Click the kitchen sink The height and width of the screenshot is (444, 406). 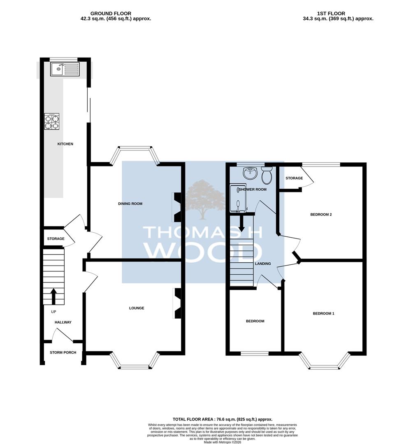(x=65, y=69)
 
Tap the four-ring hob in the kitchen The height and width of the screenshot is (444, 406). (x=52, y=121)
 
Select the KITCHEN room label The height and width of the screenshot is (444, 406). (x=65, y=144)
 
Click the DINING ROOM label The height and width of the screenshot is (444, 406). (x=130, y=203)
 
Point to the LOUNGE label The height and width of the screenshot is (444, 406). (x=137, y=308)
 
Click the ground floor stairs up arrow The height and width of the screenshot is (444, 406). (x=53, y=296)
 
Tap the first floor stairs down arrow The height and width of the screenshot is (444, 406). (x=241, y=223)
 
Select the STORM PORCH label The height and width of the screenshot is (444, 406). (x=63, y=353)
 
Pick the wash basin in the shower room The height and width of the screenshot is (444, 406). (x=250, y=173)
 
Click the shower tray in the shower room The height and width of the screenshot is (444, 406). (x=238, y=199)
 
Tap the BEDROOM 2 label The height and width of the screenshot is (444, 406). (x=321, y=215)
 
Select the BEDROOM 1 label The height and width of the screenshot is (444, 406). (x=324, y=313)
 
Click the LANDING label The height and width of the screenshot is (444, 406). (x=263, y=264)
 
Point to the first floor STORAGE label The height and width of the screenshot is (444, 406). (x=294, y=178)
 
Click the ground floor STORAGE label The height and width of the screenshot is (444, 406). (x=56, y=239)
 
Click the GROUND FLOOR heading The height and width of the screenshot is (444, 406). (x=111, y=14)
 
